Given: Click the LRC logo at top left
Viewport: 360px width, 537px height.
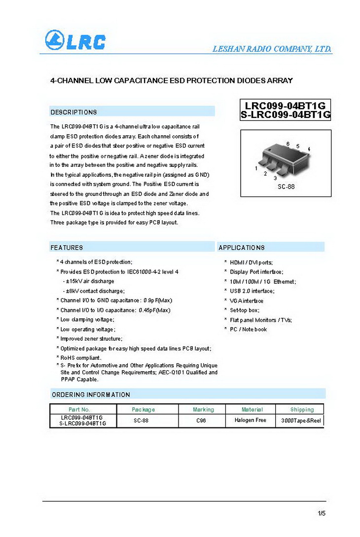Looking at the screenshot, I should point(75,40).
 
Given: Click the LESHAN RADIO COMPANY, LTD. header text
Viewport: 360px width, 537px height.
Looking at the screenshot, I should point(272,49).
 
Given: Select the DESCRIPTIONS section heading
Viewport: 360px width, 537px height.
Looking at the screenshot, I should point(74,112).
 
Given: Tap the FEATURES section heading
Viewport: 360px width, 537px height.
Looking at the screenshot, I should point(67,247).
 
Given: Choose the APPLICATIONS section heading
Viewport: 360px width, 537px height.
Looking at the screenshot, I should point(242,247).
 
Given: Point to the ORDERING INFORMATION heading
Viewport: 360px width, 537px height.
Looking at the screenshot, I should point(91,394).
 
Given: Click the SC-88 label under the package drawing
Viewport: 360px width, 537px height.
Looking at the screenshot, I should point(286,187).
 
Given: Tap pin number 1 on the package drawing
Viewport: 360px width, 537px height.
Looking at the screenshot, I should point(256,169).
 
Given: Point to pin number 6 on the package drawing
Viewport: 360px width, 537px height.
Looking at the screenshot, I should point(288,144).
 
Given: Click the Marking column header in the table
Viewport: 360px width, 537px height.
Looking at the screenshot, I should point(203,409).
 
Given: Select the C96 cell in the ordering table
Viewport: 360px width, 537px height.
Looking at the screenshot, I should point(201,421).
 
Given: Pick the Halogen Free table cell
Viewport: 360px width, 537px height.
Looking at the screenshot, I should point(251,420).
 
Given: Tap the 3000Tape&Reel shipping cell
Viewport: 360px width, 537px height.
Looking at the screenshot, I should point(301,421).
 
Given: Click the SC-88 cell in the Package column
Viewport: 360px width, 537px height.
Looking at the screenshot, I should point(141,421).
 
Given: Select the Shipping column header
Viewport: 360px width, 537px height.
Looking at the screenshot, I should point(302,409).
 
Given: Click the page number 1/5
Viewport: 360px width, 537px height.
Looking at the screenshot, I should point(322,514).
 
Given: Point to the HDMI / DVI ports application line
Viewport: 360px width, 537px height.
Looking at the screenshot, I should point(251,262).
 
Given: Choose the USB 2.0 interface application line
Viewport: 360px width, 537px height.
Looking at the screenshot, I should point(252,291).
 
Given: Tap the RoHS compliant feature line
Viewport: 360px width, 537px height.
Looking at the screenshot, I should point(81,358).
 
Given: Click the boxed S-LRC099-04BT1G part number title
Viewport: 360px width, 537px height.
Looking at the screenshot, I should point(286,115).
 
